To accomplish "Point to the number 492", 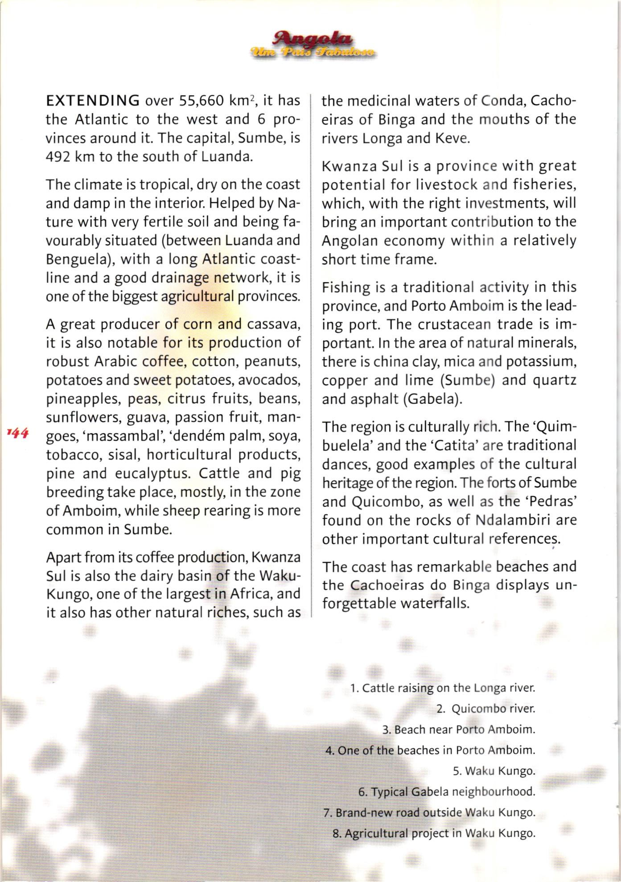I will click(57, 157).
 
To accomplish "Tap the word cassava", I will click(273, 324).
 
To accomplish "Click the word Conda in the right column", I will click(499, 101).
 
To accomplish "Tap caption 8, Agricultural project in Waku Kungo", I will click(434, 833).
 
